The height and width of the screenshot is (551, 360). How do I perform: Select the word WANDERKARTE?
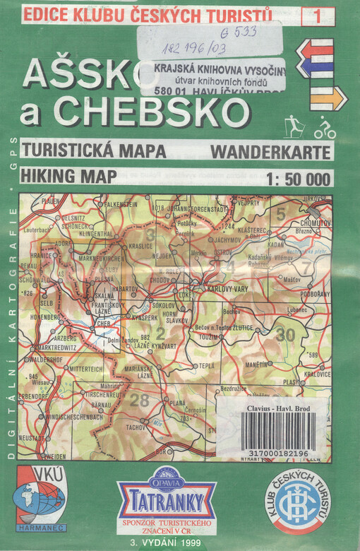point(270,150)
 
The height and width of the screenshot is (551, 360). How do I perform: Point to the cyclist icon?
point(325,128)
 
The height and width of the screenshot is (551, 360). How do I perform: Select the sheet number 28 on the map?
point(140,401)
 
